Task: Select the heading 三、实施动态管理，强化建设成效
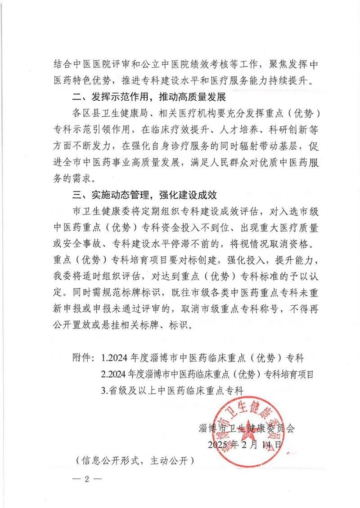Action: tap(146, 195)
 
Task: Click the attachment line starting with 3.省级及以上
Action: tap(172, 390)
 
